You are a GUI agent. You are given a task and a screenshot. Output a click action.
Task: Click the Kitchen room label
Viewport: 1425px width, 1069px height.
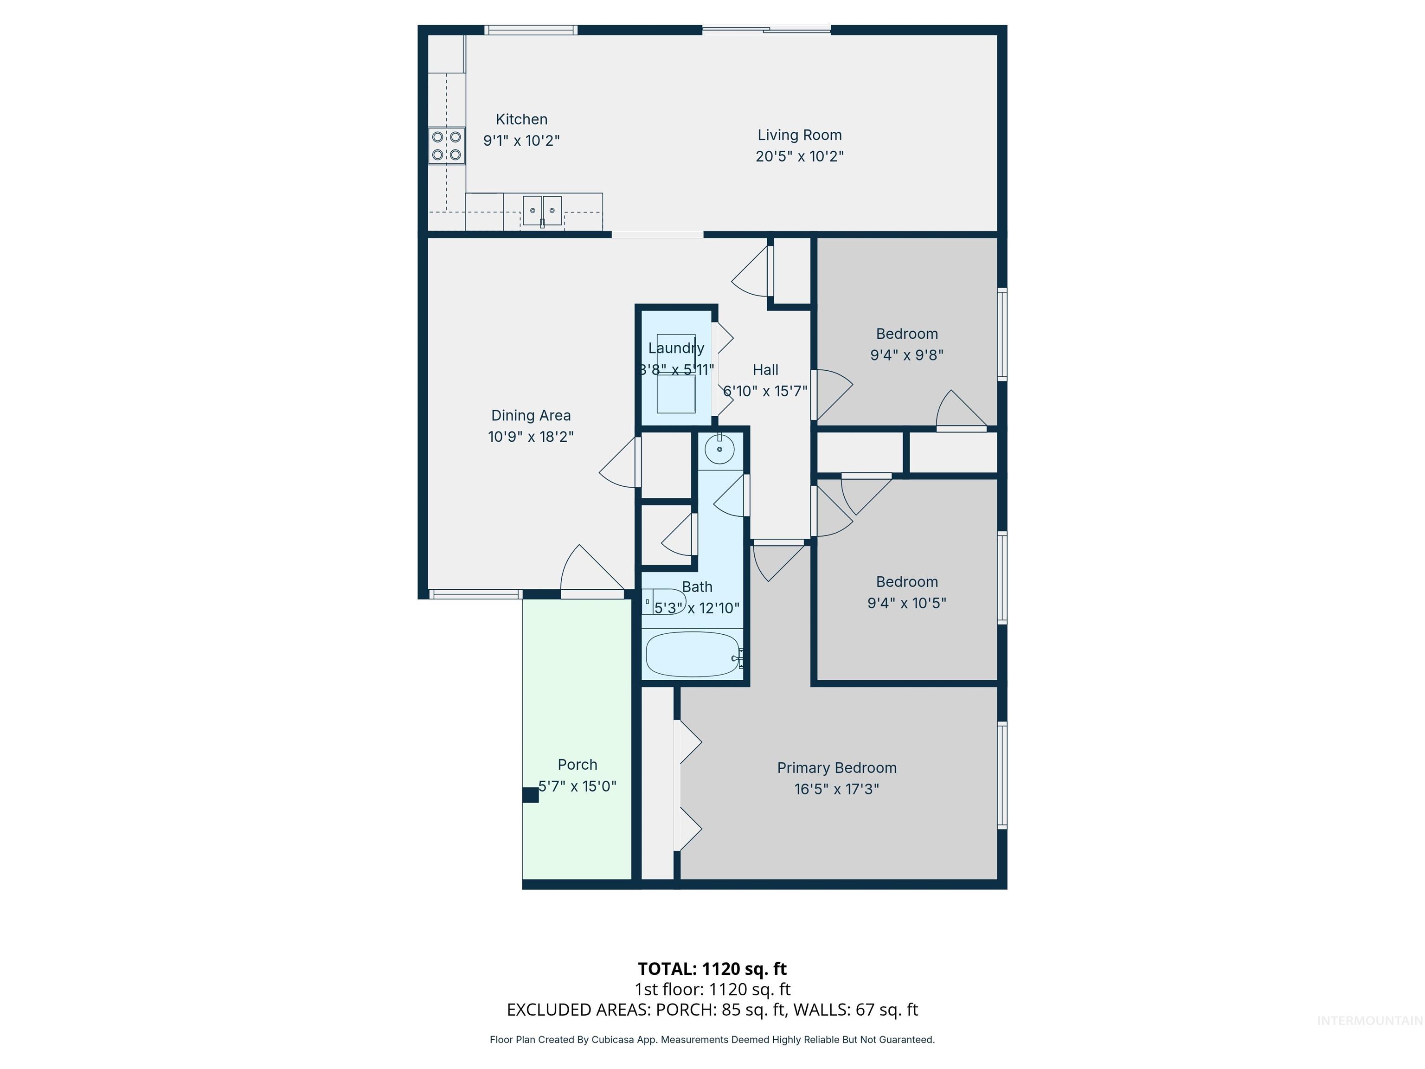tap(521, 119)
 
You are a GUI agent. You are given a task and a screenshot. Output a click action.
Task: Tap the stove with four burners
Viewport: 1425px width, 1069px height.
tap(446, 146)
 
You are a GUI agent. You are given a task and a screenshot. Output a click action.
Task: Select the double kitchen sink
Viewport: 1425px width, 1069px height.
tap(542, 211)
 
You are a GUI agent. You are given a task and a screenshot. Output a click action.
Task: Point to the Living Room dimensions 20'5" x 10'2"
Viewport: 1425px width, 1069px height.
tap(799, 156)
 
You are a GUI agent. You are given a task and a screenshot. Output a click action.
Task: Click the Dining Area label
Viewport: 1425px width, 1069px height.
tap(531, 416)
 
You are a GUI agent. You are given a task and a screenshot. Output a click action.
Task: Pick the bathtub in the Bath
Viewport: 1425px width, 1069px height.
tap(692, 654)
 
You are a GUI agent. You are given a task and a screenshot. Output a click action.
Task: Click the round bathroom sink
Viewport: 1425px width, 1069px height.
tap(719, 449)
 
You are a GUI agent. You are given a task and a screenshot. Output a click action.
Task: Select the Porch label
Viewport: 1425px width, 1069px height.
tap(577, 765)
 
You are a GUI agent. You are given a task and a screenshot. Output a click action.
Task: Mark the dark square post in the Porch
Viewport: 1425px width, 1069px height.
tap(530, 795)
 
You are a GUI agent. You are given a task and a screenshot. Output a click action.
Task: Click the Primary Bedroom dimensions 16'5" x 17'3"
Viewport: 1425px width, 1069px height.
tap(836, 789)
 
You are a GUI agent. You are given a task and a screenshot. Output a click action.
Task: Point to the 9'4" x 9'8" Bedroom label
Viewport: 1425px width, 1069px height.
tap(906, 334)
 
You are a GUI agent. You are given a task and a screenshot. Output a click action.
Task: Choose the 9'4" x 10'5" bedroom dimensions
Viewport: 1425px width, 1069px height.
tap(906, 603)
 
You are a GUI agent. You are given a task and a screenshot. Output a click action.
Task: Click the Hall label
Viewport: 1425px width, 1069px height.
tap(765, 370)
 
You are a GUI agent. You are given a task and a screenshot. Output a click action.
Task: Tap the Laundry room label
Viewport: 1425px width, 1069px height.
tap(676, 348)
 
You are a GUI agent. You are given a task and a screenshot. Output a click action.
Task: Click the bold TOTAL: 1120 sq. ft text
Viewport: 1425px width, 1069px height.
tap(712, 968)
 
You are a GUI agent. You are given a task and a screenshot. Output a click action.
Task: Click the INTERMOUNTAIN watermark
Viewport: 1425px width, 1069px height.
tap(1369, 1020)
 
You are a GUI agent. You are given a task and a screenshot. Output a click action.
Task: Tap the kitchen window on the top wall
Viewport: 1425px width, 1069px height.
tap(530, 30)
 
